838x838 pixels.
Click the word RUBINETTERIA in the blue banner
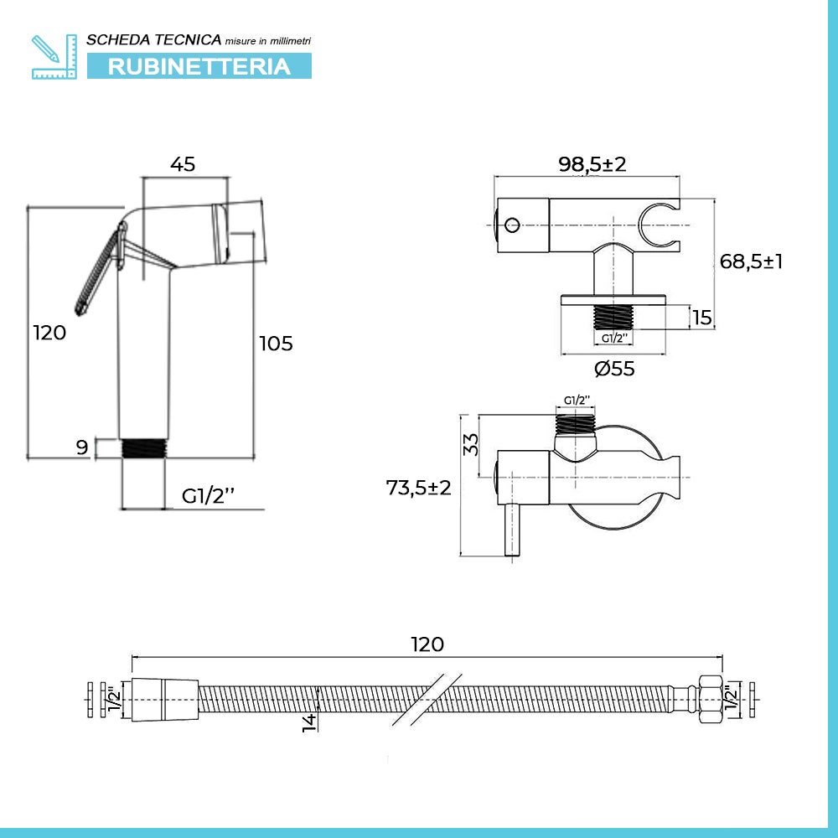pos(199,66)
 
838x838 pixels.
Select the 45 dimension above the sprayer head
pos(183,164)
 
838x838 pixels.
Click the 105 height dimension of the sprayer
pos(276,343)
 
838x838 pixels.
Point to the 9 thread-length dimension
pos(82,447)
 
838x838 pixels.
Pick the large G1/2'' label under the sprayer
pos(208,495)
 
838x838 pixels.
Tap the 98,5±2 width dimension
pos(592,164)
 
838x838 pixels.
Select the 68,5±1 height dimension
pos(752,261)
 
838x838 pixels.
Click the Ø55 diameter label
pos(614,368)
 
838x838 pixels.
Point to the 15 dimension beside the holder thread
pos(702,318)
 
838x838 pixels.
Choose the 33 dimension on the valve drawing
pos(470,445)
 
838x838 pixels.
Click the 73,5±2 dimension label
pos(418,487)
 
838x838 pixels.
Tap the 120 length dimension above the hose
pos(427,644)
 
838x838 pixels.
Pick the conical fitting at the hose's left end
pos(163,698)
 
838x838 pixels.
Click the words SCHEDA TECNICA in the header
pos(154,39)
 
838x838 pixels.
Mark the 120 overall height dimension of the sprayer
pos(49,333)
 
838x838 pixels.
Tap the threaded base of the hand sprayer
pos(144,447)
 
